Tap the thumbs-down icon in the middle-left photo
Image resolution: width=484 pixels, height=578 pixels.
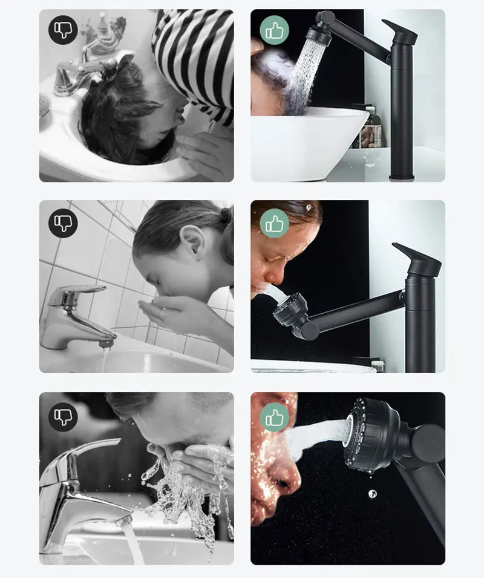pyautogui.click(x=63, y=222)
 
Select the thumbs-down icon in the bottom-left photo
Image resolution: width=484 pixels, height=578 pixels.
pyautogui.click(x=63, y=415)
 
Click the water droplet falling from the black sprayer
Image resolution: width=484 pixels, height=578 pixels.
pyautogui.click(x=371, y=494)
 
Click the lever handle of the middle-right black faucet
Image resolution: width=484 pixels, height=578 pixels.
pyautogui.click(x=417, y=257)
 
